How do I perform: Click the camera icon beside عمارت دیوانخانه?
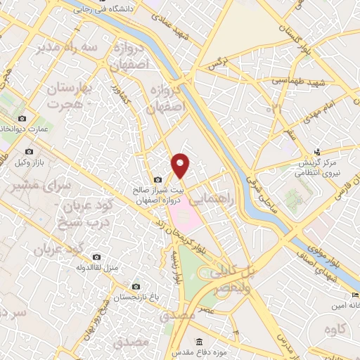[22, 118]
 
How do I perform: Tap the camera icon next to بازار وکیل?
[29, 151]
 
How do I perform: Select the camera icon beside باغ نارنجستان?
[136, 286]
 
